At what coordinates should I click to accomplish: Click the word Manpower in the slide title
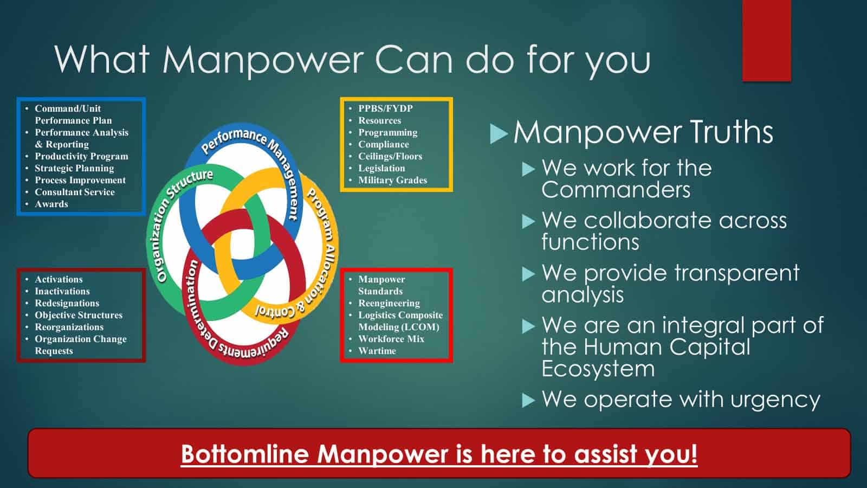[x=262, y=59]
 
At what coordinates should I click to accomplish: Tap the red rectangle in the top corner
[x=766, y=40]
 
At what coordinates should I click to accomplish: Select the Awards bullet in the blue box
[x=51, y=204]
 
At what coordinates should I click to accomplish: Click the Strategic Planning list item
[x=74, y=169]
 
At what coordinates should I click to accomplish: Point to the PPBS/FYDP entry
[x=385, y=108]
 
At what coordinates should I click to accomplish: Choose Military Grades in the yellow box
[x=392, y=180]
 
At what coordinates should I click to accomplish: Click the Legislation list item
[x=381, y=168]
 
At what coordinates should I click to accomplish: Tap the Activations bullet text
[x=59, y=279]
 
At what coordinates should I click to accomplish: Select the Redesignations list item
[x=67, y=303]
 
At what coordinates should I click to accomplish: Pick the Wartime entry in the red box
[x=377, y=351]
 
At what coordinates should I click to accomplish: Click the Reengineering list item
[x=389, y=303]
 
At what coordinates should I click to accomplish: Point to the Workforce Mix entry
[x=391, y=339]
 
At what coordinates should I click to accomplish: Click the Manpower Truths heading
[x=643, y=132]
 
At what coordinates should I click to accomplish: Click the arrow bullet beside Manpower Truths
[x=499, y=133]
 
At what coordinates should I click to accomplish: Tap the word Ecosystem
[x=598, y=368]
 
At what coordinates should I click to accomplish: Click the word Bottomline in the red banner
[x=244, y=453]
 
